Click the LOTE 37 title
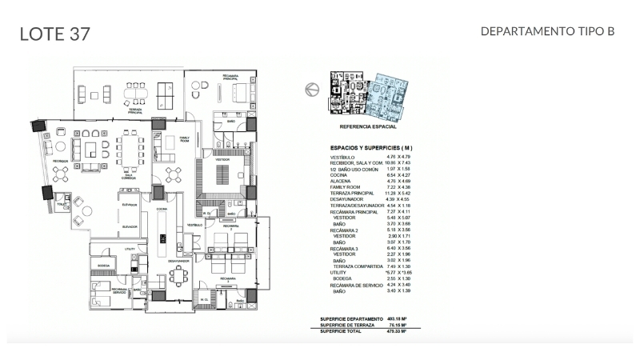click(54, 33)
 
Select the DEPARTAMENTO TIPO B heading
click(547, 31)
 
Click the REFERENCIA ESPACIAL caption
click(367, 127)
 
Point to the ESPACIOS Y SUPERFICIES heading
click(372, 148)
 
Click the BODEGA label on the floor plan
click(103, 265)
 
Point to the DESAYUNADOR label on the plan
click(178, 261)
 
